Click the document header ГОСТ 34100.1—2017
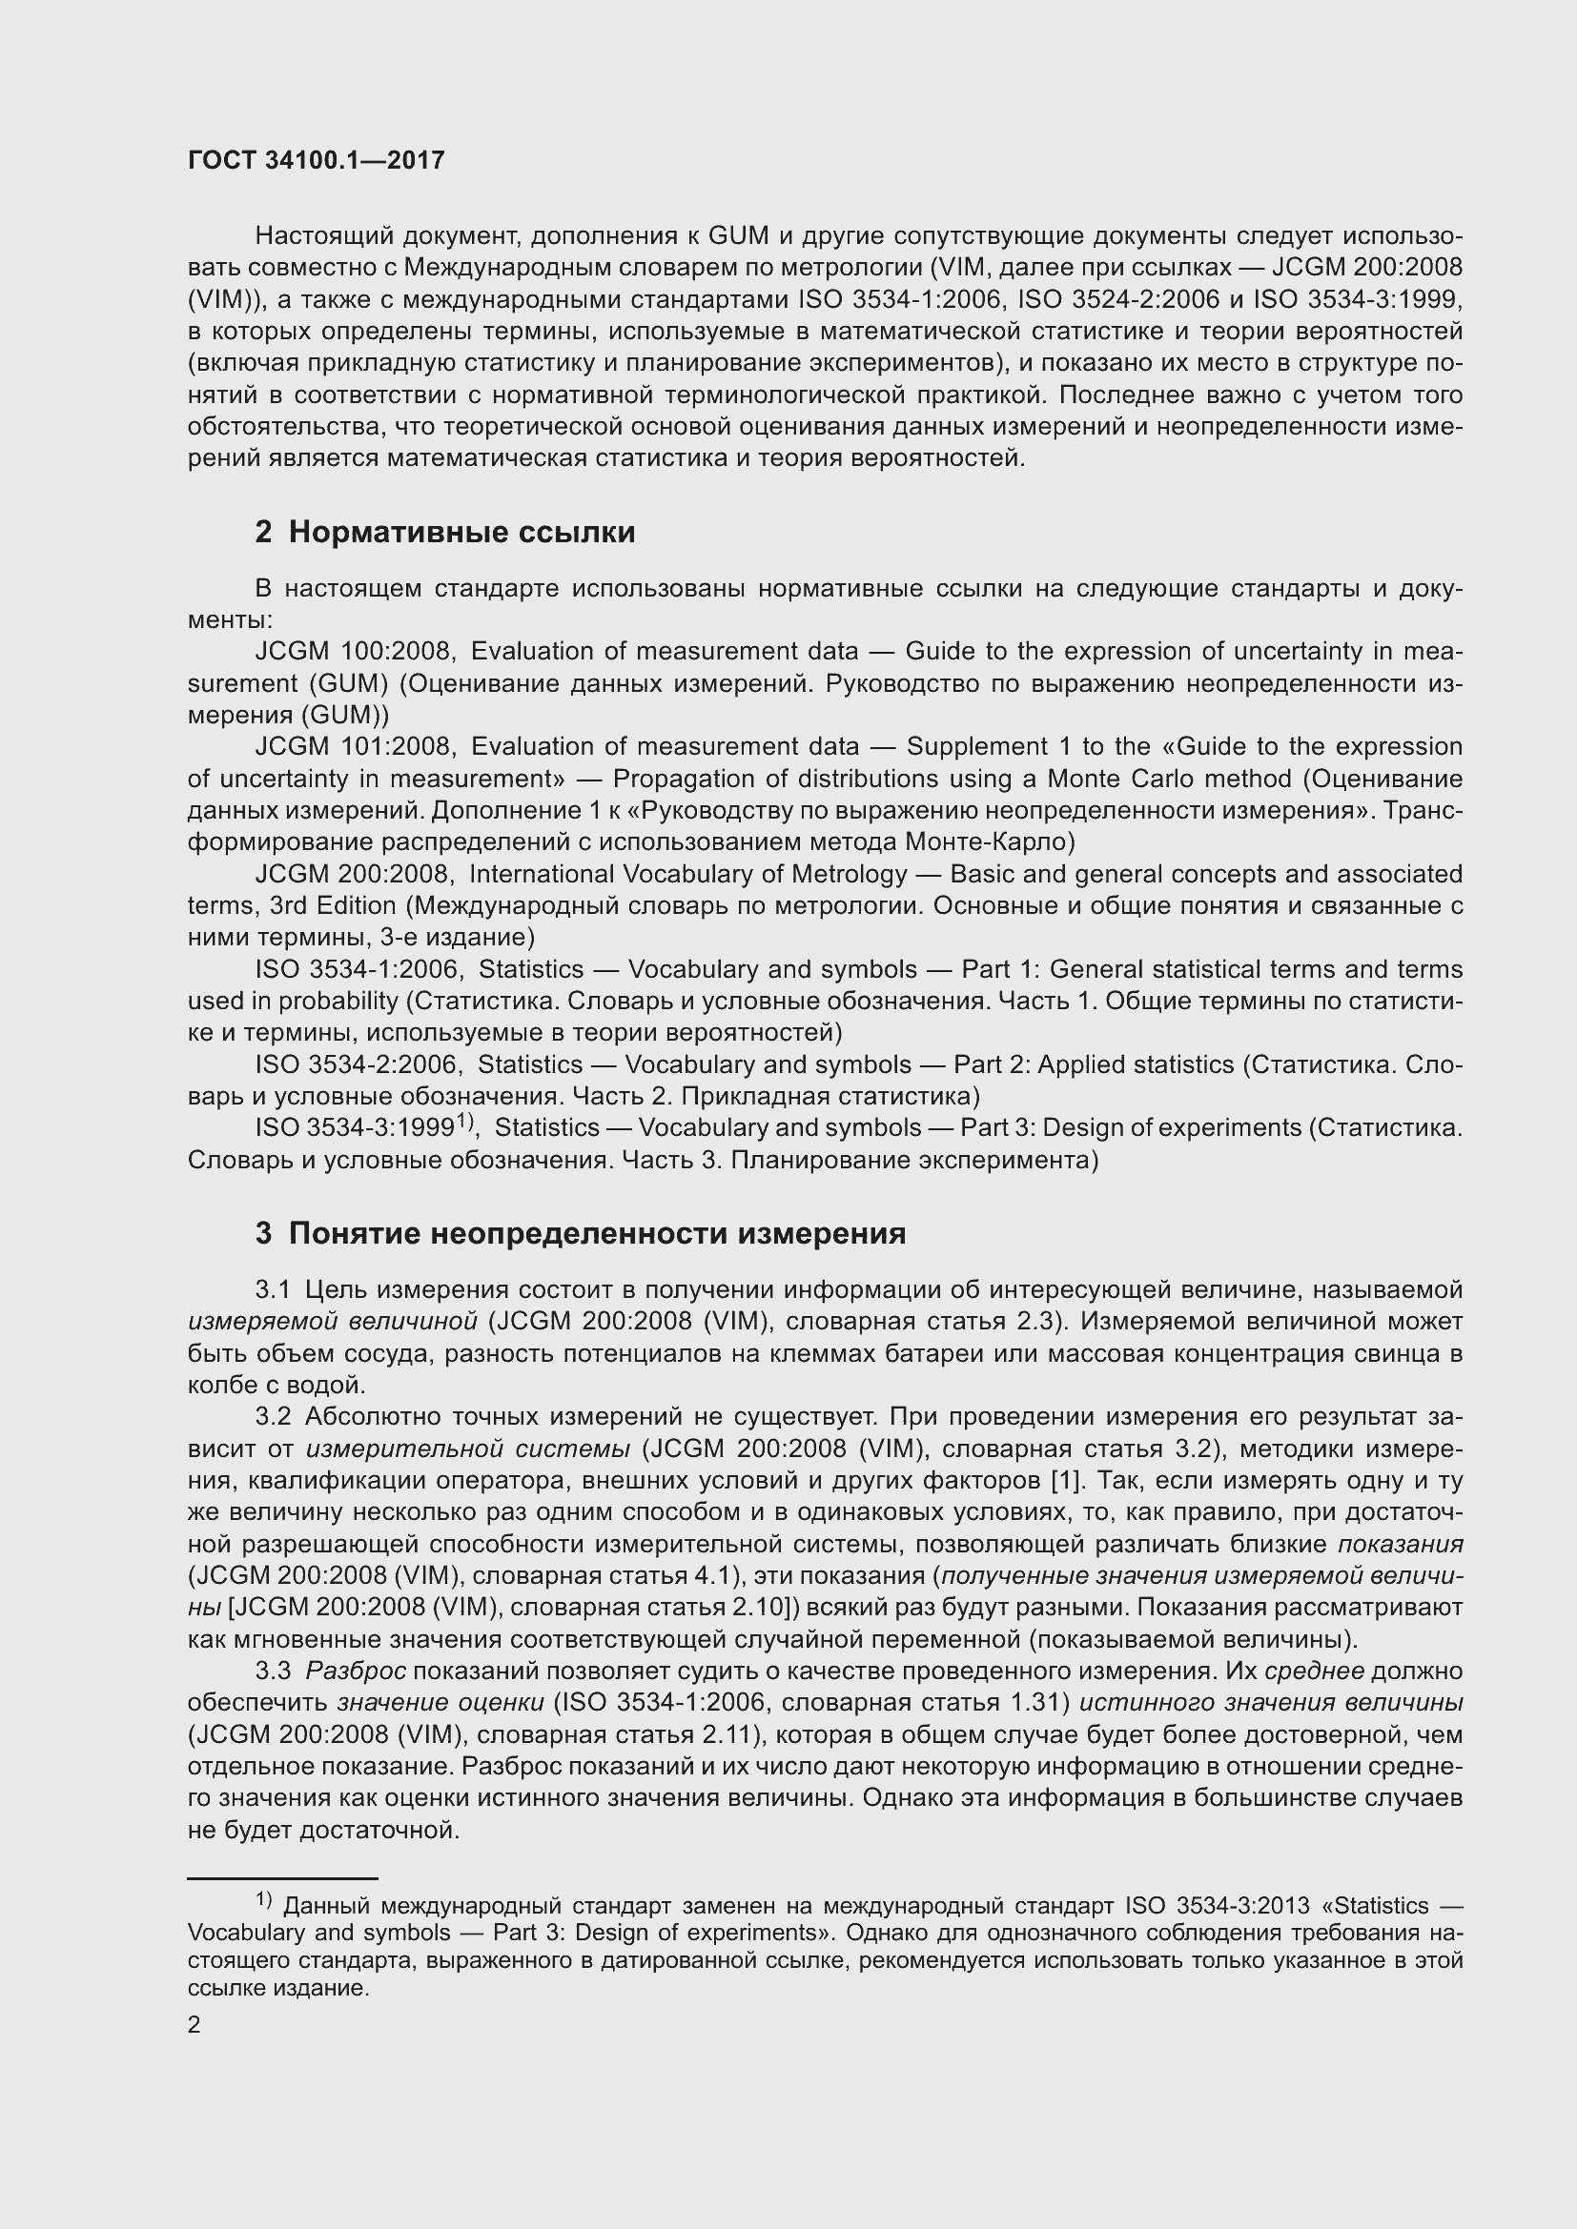pos(316,160)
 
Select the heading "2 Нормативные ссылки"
pos(444,532)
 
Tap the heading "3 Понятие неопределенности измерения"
pos(580,1233)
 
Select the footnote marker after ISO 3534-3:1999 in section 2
pos(464,1122)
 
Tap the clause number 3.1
pos(273,1290)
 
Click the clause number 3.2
pos(273,1417)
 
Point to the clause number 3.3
pos(273,1671)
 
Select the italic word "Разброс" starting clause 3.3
pos(356,1671)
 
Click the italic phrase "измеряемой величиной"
pos(332,1321)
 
